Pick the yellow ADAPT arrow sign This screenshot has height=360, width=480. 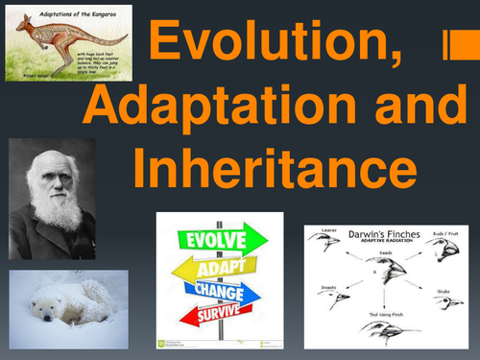click(208, 263)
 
